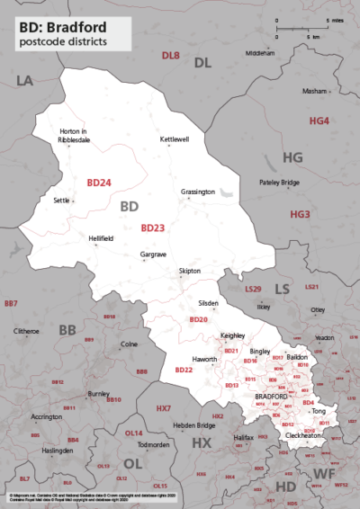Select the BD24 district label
[x=98, y=182]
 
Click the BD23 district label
[x=152, y=228]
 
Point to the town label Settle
[x=62, y=201]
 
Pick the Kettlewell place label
[x=174, y=139]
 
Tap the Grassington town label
[x=197, y=192]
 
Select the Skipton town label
[x=190, y=271]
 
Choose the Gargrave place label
[x=154, y=255]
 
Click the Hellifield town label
[x=102, y=238]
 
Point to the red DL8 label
[x=170, y=56]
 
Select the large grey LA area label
[x=24, y=81]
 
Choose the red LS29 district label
[x=253, y=289]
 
